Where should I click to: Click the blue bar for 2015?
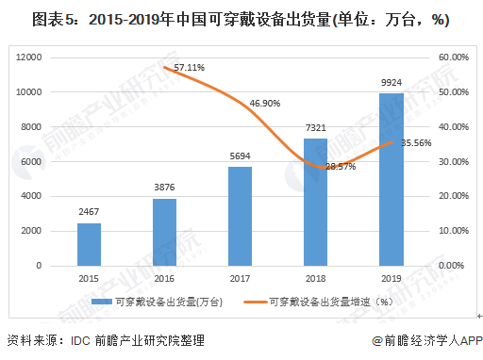pos(90,245)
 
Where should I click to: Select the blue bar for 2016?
pos(165,233)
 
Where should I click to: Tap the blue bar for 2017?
pos(241,217)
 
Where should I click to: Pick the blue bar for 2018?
pos(316,203)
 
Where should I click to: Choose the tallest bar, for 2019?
pos(391,180)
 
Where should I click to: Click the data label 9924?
pos(391,83)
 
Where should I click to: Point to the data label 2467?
pos(89,212)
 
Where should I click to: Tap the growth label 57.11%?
pos(190,68)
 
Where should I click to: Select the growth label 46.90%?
pos(265,104)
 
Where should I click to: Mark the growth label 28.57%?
pos(341,167)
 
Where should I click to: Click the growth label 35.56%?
pos(416,143)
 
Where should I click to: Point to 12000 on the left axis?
pos(29,57)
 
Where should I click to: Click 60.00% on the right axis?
pos(454,57)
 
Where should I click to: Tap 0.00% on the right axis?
pos(451,266)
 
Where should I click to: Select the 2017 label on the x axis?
pos(240,279)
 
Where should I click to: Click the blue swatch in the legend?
pos(102,302)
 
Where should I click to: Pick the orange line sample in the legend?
pos(256,303)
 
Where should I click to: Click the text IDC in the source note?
pos(80,341)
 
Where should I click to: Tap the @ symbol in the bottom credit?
pos(377,341)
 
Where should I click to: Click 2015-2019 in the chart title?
pos(124,20)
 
